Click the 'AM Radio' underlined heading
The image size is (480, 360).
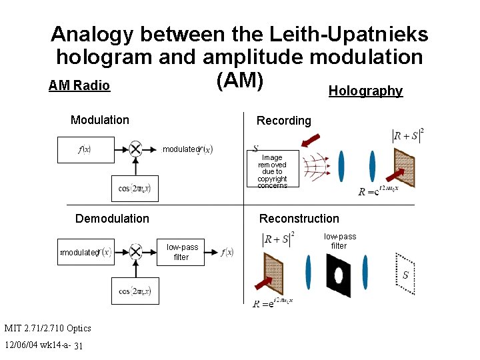(79, 86)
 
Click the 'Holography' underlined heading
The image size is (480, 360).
(365, 91)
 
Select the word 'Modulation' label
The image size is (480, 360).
(100, 120)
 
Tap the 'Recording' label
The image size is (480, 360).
(283, 121)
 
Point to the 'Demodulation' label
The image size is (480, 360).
(112, 219)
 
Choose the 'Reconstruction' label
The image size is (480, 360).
(299, 219)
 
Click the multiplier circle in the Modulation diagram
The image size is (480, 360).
(135, 149)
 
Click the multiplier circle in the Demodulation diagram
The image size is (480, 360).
(135, 251)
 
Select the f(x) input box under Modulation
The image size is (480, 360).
(85, 149)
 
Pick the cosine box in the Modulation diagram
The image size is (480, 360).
(135, 188)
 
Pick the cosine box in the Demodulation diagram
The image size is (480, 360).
(135, 291)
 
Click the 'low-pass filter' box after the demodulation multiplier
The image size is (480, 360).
(181, 252)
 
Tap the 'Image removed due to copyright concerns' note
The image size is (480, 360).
(272, 171)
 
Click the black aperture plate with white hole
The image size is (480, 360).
(338, 275)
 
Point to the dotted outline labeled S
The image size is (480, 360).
(405, 274)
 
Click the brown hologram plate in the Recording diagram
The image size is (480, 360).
(404, 167)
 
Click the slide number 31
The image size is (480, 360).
(79, 345)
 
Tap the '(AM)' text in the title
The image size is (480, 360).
(240, 79)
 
